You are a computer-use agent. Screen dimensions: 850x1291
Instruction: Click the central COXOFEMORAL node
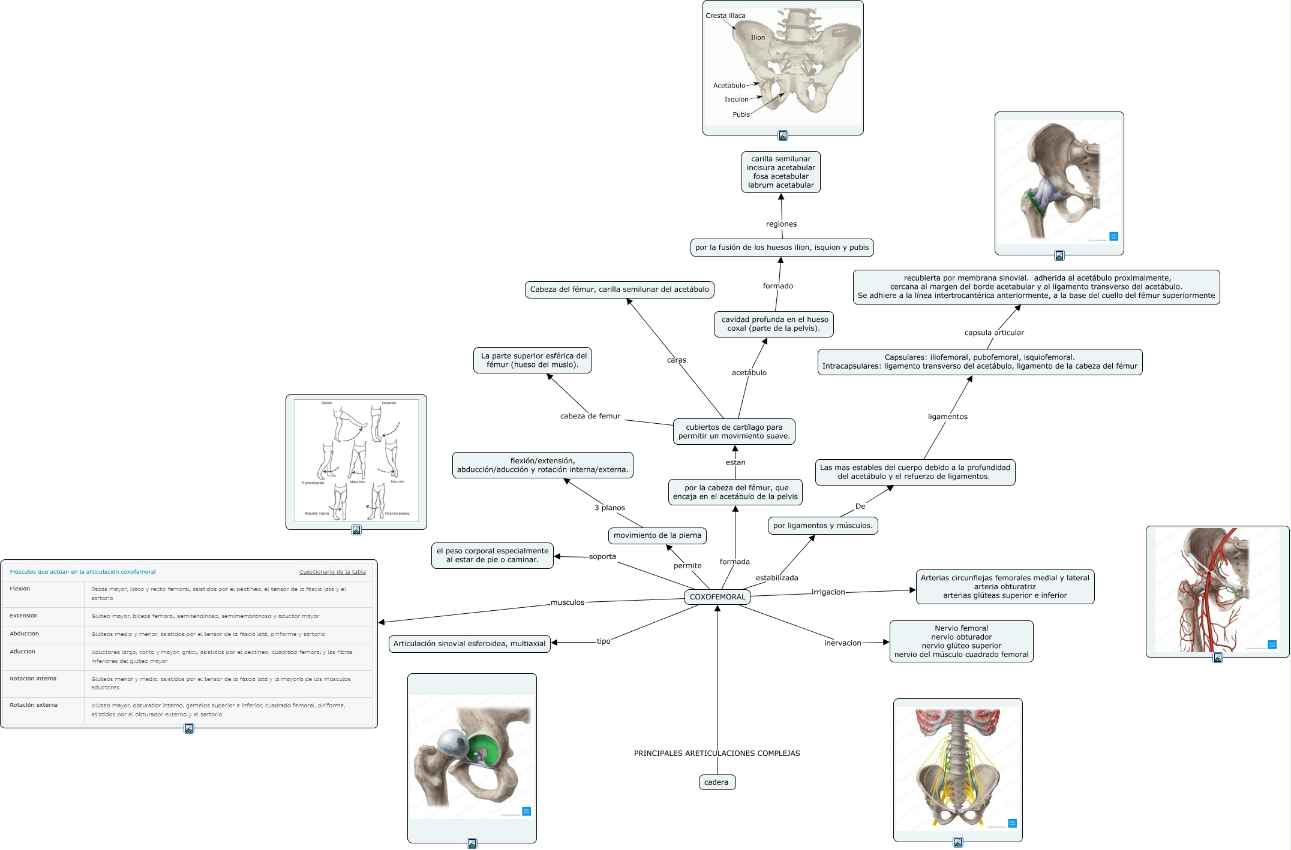[717, 596]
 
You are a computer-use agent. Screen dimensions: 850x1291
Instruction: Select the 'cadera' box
[716, 782]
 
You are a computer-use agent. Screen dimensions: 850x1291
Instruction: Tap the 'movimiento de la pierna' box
[657, 535]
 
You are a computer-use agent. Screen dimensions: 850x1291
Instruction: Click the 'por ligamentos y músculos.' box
[822, 526]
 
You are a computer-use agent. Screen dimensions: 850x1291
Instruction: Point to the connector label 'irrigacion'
[828, 592]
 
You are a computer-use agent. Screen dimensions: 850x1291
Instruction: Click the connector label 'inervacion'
[842, 643]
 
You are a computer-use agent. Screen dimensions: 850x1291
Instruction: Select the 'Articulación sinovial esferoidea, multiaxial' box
[469, 644]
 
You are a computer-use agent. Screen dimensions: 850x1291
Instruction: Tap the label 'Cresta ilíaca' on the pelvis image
[725, 16]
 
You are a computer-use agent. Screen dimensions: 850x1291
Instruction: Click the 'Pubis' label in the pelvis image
[741, 114]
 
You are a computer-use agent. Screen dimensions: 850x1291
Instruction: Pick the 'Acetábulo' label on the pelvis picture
[729, 86]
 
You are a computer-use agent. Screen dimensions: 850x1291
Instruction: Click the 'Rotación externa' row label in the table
[34, 705]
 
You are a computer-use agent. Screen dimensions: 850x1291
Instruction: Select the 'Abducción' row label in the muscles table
[24, 634]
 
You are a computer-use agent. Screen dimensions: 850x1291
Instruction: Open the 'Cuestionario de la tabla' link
[332, 572]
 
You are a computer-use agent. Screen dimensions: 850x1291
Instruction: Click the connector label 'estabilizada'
[777, 578]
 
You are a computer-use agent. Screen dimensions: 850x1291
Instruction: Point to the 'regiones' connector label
[781, 224]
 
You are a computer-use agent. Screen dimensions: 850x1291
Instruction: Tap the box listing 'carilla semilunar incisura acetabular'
[780, 172]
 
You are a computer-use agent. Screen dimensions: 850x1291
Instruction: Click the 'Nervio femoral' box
[961, 641]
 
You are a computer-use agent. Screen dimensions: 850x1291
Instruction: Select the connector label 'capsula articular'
[994, 333]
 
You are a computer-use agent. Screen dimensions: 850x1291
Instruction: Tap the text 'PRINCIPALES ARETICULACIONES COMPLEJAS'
[717, 753]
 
